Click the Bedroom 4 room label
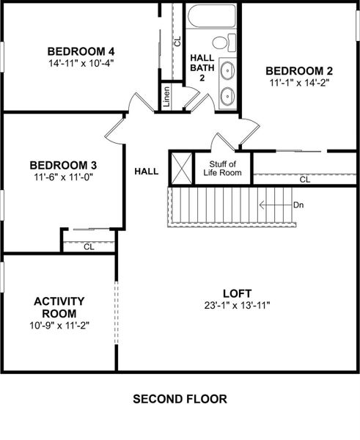pos(81,51)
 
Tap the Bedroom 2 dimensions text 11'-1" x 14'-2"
pos(299,84)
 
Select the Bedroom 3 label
pos(63,165)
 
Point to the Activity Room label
pos(59,307)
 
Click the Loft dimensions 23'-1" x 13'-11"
pos(238,304)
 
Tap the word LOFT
pos(238,292)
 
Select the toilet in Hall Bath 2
pos(231,42)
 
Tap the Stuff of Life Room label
pos(223,168)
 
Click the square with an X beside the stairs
pos(180,168)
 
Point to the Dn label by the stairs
pos(298,205)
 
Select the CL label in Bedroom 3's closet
pos(89,247)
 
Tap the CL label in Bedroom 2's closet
pos(304,179)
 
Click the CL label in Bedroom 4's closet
pos(177,41)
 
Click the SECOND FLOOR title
pos(180,400)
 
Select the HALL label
pos(147,172)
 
